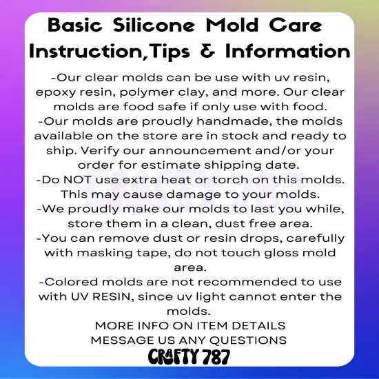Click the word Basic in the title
coord(81,26)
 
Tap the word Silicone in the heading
coord(163,26)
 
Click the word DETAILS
coord(256,326)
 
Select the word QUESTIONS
coord(244,340)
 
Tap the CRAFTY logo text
coord(170,357)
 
